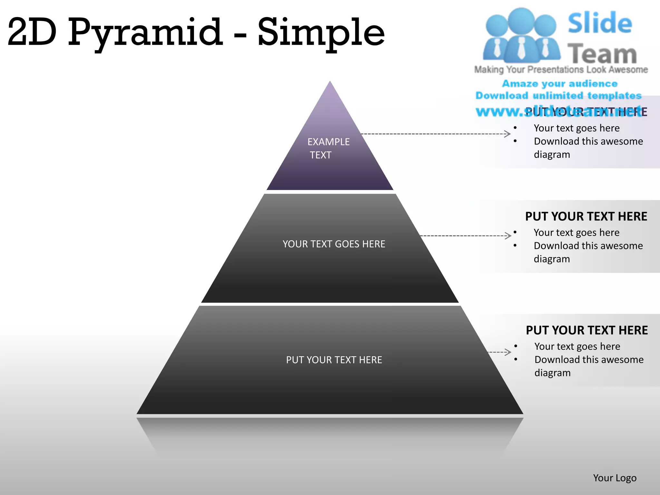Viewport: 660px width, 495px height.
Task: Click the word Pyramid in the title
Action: pos(145,32)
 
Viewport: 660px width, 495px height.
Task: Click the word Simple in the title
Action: pos(321,32)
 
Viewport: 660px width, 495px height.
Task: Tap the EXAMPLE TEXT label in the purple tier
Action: pos(328,148)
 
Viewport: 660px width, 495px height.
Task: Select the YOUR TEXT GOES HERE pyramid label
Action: pos(334,244)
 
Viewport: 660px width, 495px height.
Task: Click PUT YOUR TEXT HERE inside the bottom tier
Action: pos(334,360)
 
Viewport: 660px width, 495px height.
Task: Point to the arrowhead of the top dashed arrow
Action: pos(508,134)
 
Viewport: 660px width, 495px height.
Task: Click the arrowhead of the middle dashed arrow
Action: pos(509,236)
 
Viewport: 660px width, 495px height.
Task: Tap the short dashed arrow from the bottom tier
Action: pos(500,352)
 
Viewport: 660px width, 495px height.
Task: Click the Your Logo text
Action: pos(615,478)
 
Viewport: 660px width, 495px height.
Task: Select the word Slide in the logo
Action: pos(600,23)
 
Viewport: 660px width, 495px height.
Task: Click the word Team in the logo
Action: pos(602,54)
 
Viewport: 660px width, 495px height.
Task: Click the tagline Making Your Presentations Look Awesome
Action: pos(561,70)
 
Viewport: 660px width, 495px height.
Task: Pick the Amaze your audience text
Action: pos(560,84)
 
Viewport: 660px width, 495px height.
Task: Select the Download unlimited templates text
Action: pos(558,96)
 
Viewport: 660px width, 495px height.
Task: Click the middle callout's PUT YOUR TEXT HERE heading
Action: pos(586,216)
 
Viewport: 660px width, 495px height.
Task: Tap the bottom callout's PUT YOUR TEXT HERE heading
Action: pos(587,330)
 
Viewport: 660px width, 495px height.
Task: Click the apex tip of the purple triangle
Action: pos(330,82)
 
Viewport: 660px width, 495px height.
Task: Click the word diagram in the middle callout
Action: pos(552,259)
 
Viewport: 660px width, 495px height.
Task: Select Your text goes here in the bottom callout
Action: pos(577,346)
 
